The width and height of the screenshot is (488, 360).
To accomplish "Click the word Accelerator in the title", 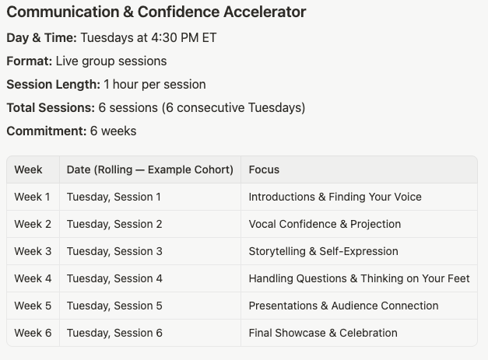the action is (265, 12).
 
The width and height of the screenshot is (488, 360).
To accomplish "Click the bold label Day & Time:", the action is (42, 38).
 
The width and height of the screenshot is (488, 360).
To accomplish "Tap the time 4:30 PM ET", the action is (184, 38).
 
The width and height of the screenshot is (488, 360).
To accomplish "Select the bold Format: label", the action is (30, 61).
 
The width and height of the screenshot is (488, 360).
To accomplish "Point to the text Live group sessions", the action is (111, 61).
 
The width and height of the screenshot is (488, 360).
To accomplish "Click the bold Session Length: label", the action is (54, 85).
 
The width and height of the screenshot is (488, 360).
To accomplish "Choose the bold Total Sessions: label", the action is (51, 108).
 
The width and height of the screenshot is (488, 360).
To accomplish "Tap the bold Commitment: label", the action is (47, 131).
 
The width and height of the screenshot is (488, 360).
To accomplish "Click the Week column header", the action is (28, 170).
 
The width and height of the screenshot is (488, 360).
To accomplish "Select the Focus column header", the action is (264, 170).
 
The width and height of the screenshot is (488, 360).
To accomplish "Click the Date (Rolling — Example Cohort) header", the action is (150, 170).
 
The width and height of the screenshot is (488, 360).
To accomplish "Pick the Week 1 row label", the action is (32, 197).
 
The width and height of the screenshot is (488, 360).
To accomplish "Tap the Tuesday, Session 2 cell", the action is (114, 224).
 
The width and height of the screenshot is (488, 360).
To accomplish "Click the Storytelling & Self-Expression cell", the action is (323, 251).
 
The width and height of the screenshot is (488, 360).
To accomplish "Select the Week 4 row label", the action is (33, 278).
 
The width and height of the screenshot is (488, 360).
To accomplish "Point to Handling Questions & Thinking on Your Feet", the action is (359, 278).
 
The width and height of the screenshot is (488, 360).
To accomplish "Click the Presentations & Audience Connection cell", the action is (343, 306).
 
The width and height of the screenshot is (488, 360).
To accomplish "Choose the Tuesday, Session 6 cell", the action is (114, 333).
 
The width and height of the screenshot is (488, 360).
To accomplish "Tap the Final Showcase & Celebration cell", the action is (323, 333).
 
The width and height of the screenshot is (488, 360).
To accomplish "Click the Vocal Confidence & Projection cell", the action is (325, 224).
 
